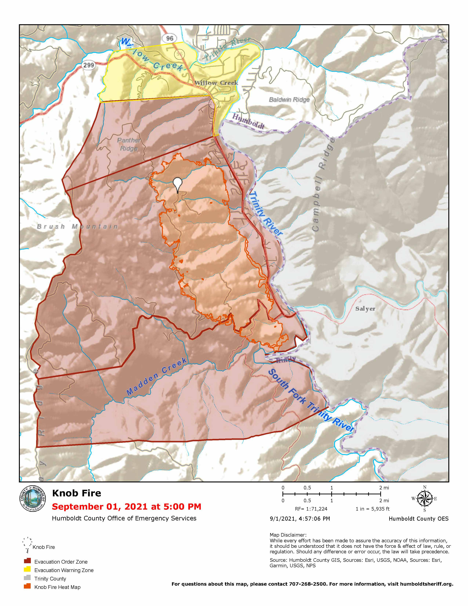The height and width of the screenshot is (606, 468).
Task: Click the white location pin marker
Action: coord(177,184)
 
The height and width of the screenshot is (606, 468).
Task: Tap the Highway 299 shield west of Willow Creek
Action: coord(89,65)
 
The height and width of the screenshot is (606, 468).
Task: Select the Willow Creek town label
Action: coord(216,83)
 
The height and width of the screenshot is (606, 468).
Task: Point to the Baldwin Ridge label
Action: coord(289,99)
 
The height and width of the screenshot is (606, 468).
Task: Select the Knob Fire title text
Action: coord(77,493)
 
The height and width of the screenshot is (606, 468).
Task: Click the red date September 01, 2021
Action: coord(127,506)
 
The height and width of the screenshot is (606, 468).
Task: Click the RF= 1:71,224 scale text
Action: coord(311,509)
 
